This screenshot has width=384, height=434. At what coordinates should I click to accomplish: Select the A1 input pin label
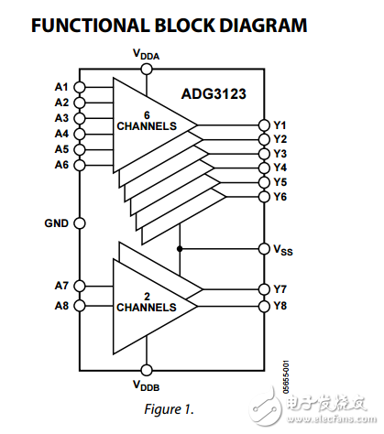[61, 88]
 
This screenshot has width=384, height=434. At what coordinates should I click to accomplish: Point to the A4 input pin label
[61, 134]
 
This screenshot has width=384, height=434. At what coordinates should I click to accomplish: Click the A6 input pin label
[61, 165]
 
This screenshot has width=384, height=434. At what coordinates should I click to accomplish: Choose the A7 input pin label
[61, 287]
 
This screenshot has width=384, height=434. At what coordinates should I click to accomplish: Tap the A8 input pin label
[61, 306]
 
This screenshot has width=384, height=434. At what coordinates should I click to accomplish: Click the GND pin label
[57, 222]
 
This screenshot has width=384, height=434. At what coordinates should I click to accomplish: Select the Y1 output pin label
[280, 125]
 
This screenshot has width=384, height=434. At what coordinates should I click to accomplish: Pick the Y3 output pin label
[280, 154]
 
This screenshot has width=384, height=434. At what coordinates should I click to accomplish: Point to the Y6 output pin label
[280, 197]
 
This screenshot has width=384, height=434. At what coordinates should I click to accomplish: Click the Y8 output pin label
[280, 306]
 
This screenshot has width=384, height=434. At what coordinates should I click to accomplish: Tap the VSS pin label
[282, 249]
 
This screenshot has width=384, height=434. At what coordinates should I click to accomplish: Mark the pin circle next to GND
[79, 222]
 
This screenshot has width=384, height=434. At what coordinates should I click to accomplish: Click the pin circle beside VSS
[262, 248]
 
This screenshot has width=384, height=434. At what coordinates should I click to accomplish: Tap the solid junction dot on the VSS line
[181, 248]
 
